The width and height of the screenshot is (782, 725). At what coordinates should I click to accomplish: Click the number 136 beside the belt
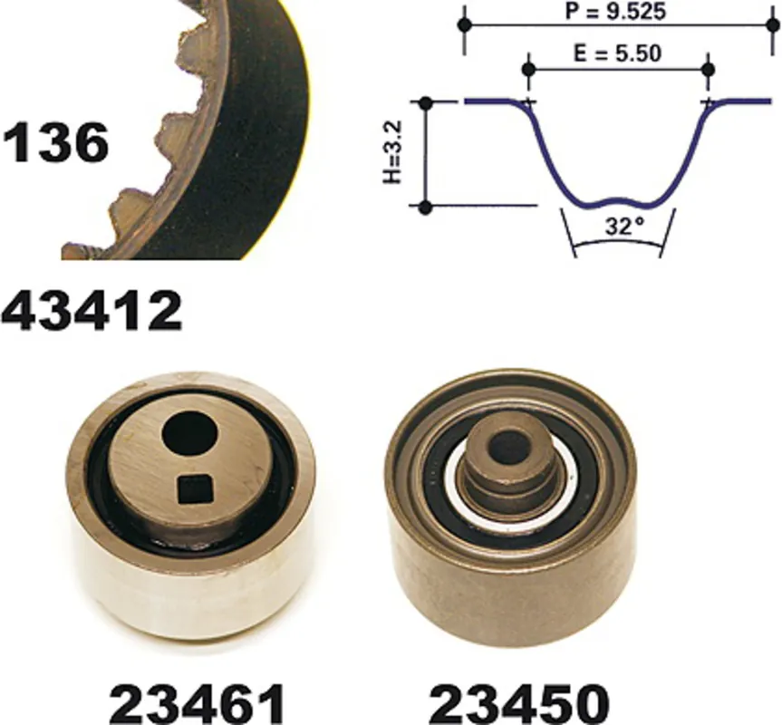[x=55, y=143]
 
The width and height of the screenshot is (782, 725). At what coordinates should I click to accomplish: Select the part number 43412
[x=92, y=311]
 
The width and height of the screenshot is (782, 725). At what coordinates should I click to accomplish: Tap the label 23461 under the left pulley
[x=198, y=704]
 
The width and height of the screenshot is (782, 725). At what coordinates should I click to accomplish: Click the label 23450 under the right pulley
[x=518, y=704]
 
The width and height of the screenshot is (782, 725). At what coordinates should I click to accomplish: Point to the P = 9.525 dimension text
[x=615, y=11]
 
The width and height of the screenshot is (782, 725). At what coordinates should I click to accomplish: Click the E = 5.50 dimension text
[x=618, y=53]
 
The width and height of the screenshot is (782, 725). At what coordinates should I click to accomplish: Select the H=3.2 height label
[x=393, y=152]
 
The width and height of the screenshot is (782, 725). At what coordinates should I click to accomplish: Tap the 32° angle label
[x=624, y=227]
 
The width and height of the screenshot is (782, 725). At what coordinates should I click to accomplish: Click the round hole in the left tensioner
[x=190, y=438]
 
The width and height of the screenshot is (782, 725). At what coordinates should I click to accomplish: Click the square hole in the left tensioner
[x=196, y=488]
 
